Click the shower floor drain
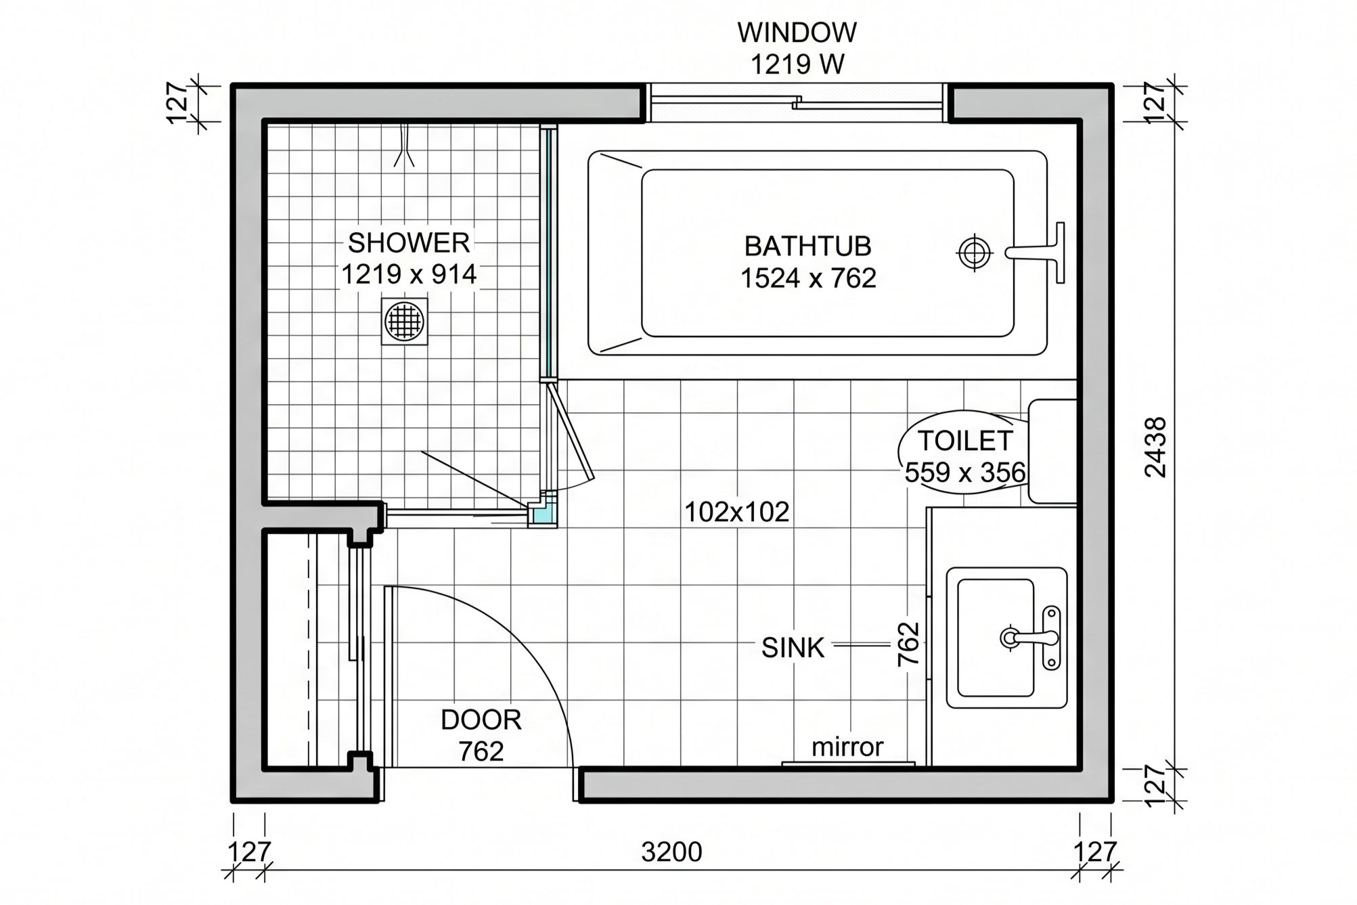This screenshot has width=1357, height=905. tap(405, 321)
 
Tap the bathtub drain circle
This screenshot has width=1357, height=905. tap(974, 252)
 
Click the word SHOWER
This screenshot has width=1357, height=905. tap(409, 242)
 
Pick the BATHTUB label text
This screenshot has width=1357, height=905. tap(807, 246)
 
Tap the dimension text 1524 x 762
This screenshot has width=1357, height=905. tap(808, 278)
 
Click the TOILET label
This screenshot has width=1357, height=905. tap(965, 441)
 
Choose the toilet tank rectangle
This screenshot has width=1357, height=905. tap(1052, 451)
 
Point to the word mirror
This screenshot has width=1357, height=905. tap(847, 747)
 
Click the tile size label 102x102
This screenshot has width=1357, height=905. tap(736, 512)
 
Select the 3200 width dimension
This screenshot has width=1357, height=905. tap(671, 852)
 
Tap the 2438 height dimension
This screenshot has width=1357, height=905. tap(1156, 447)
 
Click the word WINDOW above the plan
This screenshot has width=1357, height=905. tap(797, 32)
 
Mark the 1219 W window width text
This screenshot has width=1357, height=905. tap(797, 64)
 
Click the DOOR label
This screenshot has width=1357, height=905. tap(481, 720)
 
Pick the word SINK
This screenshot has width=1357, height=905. tap(793, 648)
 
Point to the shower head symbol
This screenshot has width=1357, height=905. tap(405, 145)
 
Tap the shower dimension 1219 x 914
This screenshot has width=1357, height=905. tap(409, 274)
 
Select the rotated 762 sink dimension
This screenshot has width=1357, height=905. tap(909, 644)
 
